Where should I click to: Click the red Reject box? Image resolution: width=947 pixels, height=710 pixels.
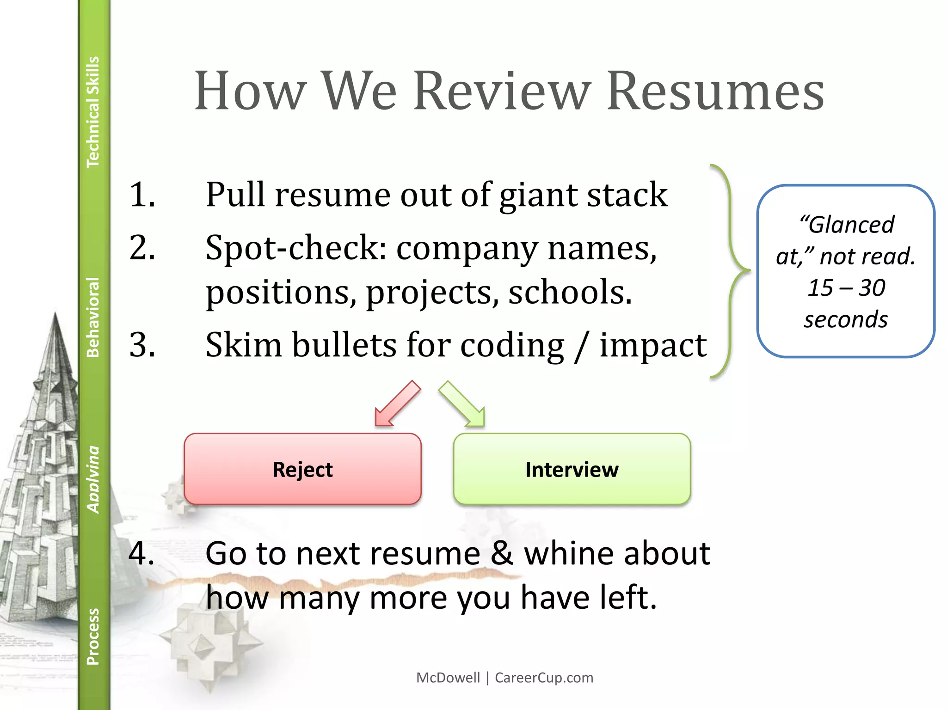[302, 469]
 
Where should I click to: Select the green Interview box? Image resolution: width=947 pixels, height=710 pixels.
[572, 469]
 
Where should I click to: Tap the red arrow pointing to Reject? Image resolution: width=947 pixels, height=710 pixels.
[397, 404]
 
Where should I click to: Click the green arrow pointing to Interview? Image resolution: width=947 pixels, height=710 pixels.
[462, 404]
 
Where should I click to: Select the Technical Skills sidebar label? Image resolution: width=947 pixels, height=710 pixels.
[93, 112]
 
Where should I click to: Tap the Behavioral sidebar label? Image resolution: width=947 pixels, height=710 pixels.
[93, 317]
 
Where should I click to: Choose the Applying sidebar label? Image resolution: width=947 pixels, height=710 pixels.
[93, 479]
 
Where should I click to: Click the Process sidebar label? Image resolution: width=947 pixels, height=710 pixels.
[93, 637]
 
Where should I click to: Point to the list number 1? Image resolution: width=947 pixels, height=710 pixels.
[141, 195]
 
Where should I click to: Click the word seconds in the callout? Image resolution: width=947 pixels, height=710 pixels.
[846, 319]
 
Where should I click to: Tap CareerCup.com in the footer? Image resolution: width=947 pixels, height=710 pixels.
[544, 678]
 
